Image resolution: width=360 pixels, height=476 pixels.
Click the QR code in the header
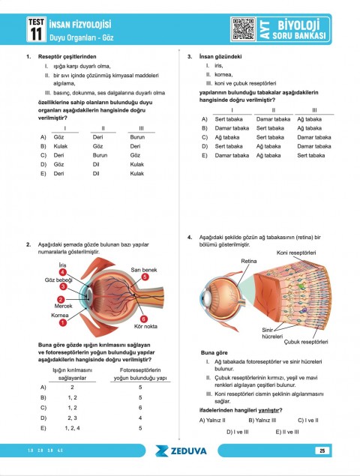tap(244, 28)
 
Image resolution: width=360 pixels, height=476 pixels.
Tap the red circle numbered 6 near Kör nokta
tap(143, 319)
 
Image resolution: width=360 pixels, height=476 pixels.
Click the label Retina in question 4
tap(248, 260)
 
